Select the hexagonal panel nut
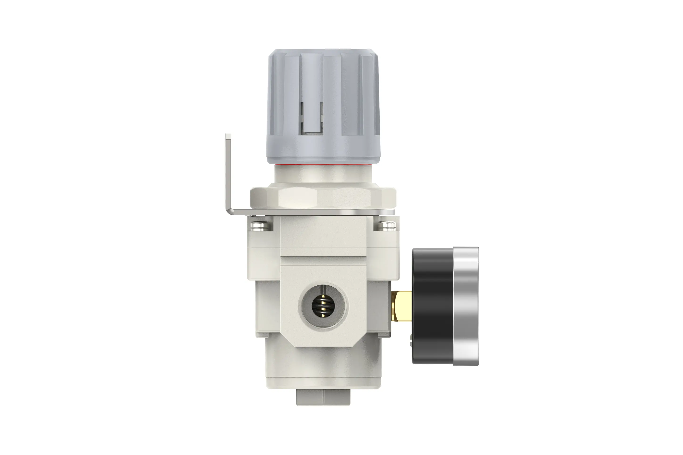pos(323,197)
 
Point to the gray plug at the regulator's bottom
pos(323,397)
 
